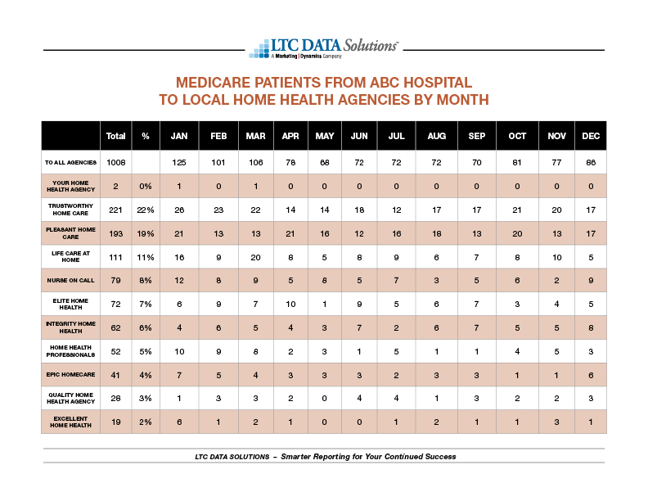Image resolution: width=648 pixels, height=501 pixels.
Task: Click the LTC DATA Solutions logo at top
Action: pos(323,49)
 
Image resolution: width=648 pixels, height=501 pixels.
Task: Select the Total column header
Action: pos(115,136)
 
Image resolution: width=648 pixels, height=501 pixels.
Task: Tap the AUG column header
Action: pos(436,136)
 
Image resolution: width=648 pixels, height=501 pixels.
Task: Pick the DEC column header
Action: pos(591,136)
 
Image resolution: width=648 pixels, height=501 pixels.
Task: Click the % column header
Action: pos(146,136)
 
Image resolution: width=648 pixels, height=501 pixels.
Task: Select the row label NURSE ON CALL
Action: pos(70,280)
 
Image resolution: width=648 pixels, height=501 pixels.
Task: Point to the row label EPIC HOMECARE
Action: pos(70,374)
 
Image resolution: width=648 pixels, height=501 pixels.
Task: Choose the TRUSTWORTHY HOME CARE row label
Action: pos(70,210)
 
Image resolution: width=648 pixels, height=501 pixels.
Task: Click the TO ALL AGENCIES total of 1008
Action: pos(115,162)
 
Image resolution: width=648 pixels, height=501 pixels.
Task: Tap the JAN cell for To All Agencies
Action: pos(179,162)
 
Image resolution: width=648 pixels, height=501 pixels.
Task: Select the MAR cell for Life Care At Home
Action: pos(256,258)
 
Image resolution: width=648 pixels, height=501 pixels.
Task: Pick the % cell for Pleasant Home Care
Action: pos(146,234)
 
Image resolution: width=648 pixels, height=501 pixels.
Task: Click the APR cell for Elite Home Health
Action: pos(290,305)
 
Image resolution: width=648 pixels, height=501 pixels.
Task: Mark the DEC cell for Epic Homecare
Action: pos(591,375)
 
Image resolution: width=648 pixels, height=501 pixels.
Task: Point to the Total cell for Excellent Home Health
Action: pos(115,422)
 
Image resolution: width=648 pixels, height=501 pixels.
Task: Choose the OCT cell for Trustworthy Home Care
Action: pos(517,210)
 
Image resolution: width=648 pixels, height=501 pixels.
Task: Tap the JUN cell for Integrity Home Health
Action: pos(359,327)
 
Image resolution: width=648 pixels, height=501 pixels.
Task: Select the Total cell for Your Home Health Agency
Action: pos(115,187)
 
